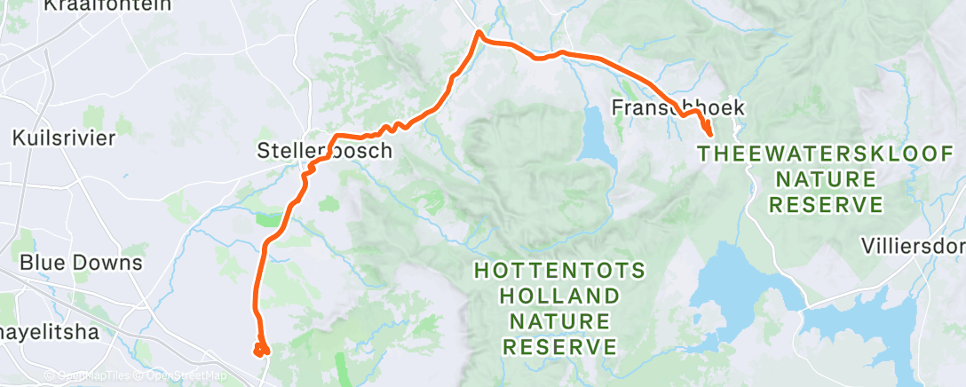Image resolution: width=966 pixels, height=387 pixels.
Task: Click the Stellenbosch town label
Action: click(x=324, y=151)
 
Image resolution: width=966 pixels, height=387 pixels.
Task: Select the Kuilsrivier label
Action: click(x=64, y=138)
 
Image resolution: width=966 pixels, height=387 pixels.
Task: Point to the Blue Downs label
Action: click(x=81, y=263)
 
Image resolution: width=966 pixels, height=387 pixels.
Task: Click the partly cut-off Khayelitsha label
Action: click(x=49, y=333)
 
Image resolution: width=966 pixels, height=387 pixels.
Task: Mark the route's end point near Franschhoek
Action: click(x=709, y=133)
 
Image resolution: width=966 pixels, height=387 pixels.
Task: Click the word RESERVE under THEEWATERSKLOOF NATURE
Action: click(x=826, y=206)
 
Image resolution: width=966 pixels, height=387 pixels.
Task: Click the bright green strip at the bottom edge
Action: click(x=342, y=368)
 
